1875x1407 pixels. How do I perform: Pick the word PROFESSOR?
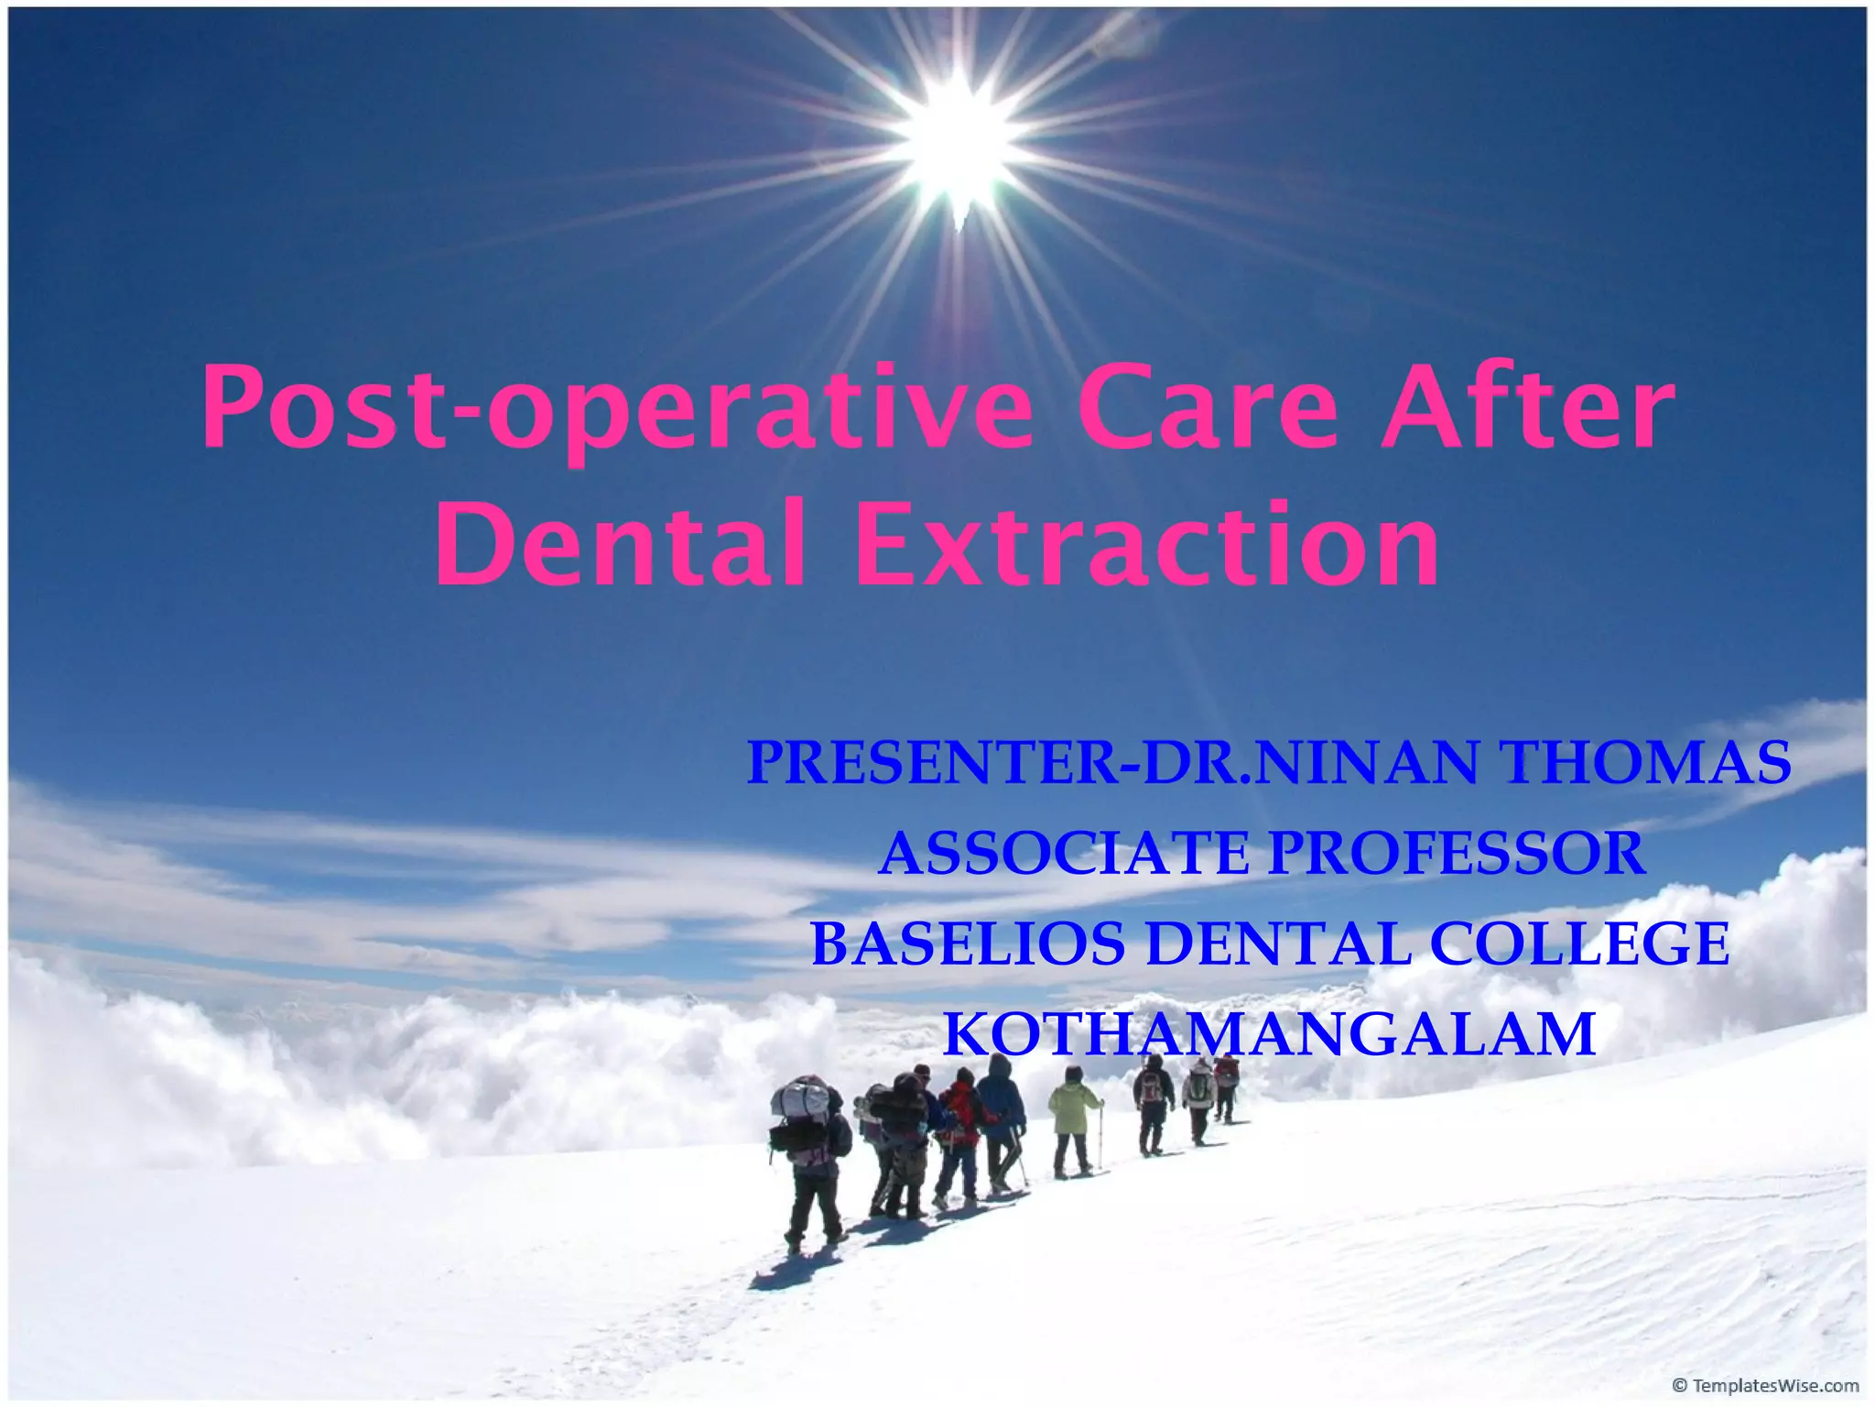click(x=1457, y=853)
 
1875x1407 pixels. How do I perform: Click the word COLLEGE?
click(x=1579, y=943)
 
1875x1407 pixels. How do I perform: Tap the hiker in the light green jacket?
click(x=1073, y=1118)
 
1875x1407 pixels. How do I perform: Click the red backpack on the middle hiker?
click(x=959, y=1108)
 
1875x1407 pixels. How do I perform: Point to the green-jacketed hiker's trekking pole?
click(x=1100, y=1136)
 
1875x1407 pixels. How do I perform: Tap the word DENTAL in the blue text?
click(x=1277, y=943)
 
